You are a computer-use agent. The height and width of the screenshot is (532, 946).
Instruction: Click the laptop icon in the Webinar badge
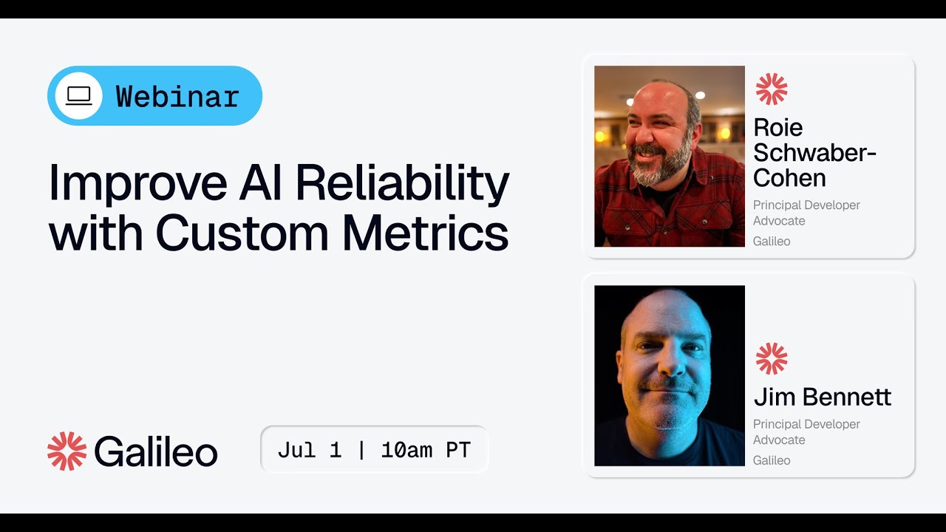pyautogui.click(x=78, y=96)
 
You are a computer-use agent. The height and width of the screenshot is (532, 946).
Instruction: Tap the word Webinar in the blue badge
pyautogui.click(x=177, y=97)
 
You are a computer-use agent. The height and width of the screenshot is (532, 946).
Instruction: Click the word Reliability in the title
pyautogui.click(x=399, y=183)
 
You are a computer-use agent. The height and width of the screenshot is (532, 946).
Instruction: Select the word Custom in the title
pyautogui.click(x=242, y=233)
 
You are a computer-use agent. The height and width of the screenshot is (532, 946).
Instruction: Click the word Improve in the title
pyautogui.click(x=137, y=183)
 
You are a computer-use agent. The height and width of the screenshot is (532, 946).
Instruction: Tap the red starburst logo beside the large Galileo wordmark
pyautogui.click(x=67, y=451)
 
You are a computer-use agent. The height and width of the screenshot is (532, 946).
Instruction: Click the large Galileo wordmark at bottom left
pyautogui.click(x=156, y=451)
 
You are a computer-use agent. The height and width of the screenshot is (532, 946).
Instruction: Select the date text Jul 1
pyautogui.click(x=310, y=450)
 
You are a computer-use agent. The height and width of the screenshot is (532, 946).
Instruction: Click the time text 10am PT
pyautogui.click(x=426, y=450)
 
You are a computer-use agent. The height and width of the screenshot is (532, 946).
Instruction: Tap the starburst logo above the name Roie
pyautogui.click(x=771, y=89)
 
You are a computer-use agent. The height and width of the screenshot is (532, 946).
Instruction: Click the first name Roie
pyautogui.click(x=777, y=127)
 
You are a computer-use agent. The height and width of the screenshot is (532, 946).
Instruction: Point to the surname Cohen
pyautogui.click(x=789, y=178)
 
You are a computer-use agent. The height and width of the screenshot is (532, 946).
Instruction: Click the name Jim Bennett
pyautogui.click(x=822, y=397)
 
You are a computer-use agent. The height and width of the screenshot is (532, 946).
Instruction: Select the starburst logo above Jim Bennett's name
pyautogui.click(x=771, y=358)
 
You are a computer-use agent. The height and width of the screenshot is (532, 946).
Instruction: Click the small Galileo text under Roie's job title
pyautogui.click(x=772, y=242)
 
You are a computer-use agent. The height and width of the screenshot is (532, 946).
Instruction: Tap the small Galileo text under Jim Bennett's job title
pyautogui.click(x=772, y=460)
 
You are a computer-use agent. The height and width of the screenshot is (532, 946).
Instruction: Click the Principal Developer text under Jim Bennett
pyautogui.click(x=806, y=424)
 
